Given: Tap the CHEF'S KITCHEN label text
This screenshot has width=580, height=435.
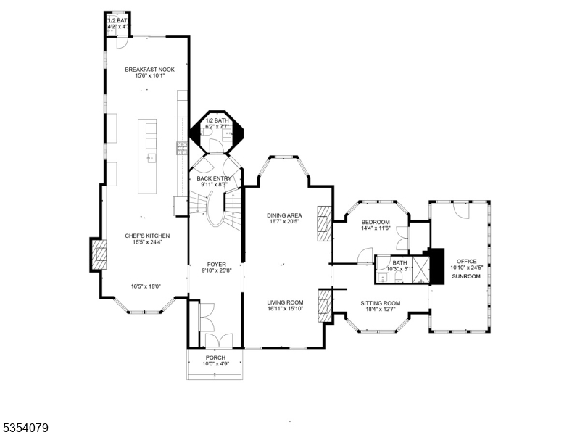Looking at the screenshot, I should coord(147,236).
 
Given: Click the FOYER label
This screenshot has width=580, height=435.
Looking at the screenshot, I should coord(215,265).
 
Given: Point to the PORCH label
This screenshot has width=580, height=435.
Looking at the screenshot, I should coord(215,357).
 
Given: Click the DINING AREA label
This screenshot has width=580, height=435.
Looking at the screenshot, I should coord(284,215).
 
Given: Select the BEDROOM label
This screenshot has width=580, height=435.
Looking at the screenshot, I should coord(376,222).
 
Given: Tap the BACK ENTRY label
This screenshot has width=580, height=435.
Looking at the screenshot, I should coord(214,178).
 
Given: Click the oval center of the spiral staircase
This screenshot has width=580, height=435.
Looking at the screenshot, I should coord(215,210).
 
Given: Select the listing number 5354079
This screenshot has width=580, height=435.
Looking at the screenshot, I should coord(25,428).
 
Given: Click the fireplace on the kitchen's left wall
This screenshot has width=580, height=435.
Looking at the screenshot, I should coord(99,254).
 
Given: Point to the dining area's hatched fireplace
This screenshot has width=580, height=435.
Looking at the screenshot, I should coord(324,223).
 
